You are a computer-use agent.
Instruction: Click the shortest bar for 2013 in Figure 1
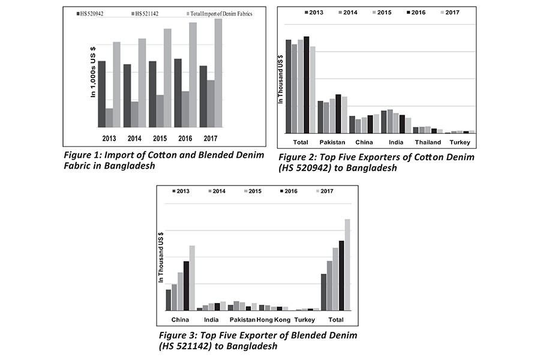pyautogui.click(x=109, y=118)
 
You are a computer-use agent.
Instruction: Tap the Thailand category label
pyautogui.click(x=428, y=142)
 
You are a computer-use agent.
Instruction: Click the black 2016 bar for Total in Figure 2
pyautogui.click(x=306, y=85)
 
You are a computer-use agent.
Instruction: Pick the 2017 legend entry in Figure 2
pyautogui.click(x=451, y=12)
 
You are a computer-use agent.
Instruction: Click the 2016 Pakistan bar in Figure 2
pyautogui.click(x=338, y=113)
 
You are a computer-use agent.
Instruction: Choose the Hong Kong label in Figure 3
pyautogui.click(x=274, y=319)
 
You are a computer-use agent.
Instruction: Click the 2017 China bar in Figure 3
pyautogui.click(x=192, y=278)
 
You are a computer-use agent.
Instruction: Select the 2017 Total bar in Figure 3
pyautogui.click(x=347, y=265)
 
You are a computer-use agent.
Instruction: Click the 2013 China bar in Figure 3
pyautogui.click(x=169, y=299)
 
